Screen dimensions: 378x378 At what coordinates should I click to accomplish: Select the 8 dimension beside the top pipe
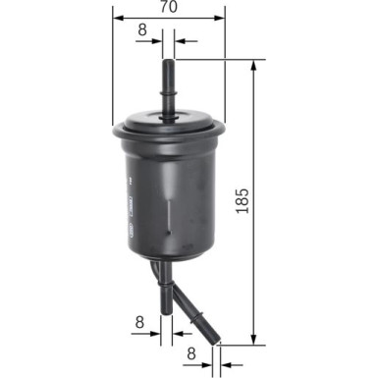[142, 30]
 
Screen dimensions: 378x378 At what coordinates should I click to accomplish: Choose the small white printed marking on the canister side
[128, 195]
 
